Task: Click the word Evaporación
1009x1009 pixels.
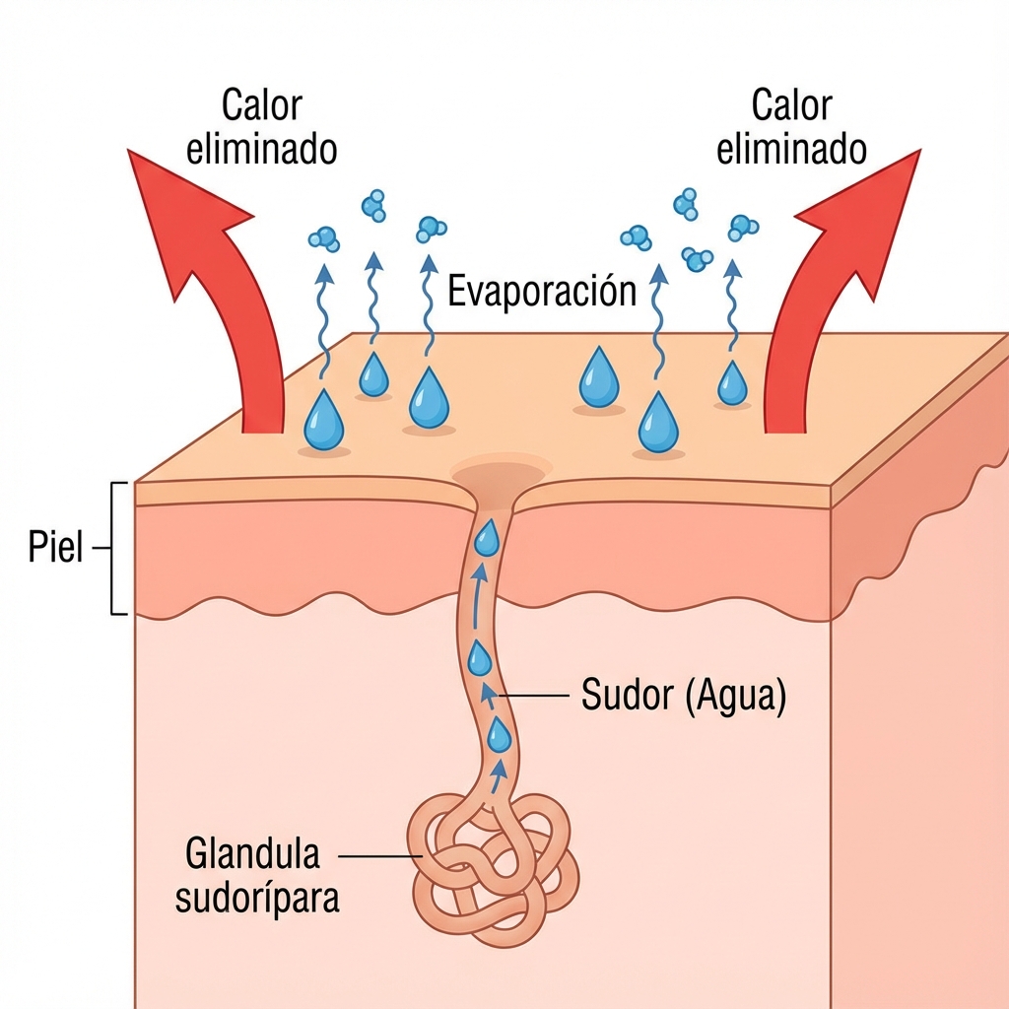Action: click(542, 293)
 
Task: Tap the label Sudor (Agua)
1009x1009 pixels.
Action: click(683, 697)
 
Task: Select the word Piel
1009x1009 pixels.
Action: click(56, 549)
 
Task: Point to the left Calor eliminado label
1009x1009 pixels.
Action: click(261, 128)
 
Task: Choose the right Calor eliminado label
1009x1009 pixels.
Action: click(791, 128)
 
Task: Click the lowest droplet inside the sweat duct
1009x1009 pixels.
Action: click(500, 735)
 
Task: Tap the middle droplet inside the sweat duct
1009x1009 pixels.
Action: click(480, 656)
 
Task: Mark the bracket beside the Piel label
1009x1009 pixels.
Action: click(118, 549)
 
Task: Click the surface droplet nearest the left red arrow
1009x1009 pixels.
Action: click(323, 422)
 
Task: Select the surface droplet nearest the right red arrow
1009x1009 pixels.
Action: click(732, 383)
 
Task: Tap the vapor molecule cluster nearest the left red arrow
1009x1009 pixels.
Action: click(323, 237)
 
